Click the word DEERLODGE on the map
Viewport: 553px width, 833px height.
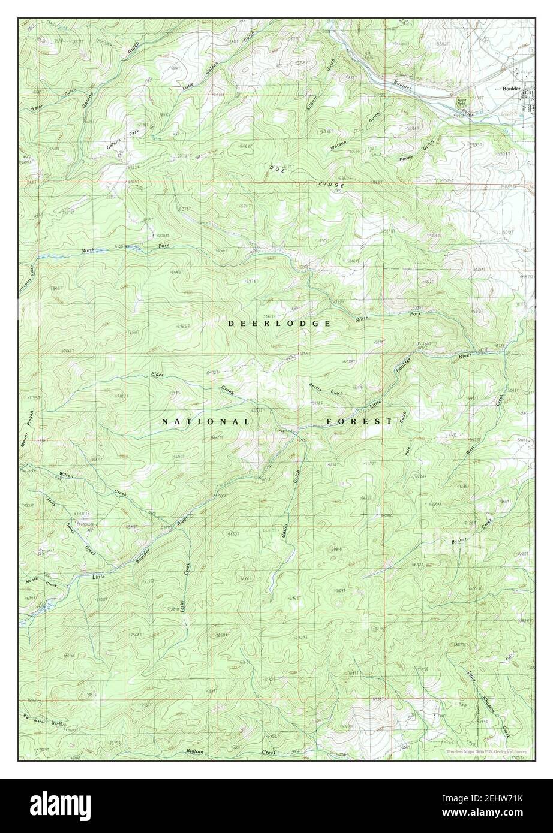tap(279, 323)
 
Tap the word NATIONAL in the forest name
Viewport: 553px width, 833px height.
tap(206, 422)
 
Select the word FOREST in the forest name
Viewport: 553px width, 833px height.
tap(359, 421)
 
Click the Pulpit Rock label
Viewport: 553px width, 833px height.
tap(461, 102)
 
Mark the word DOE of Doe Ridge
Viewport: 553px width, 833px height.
tap(276, 168)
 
